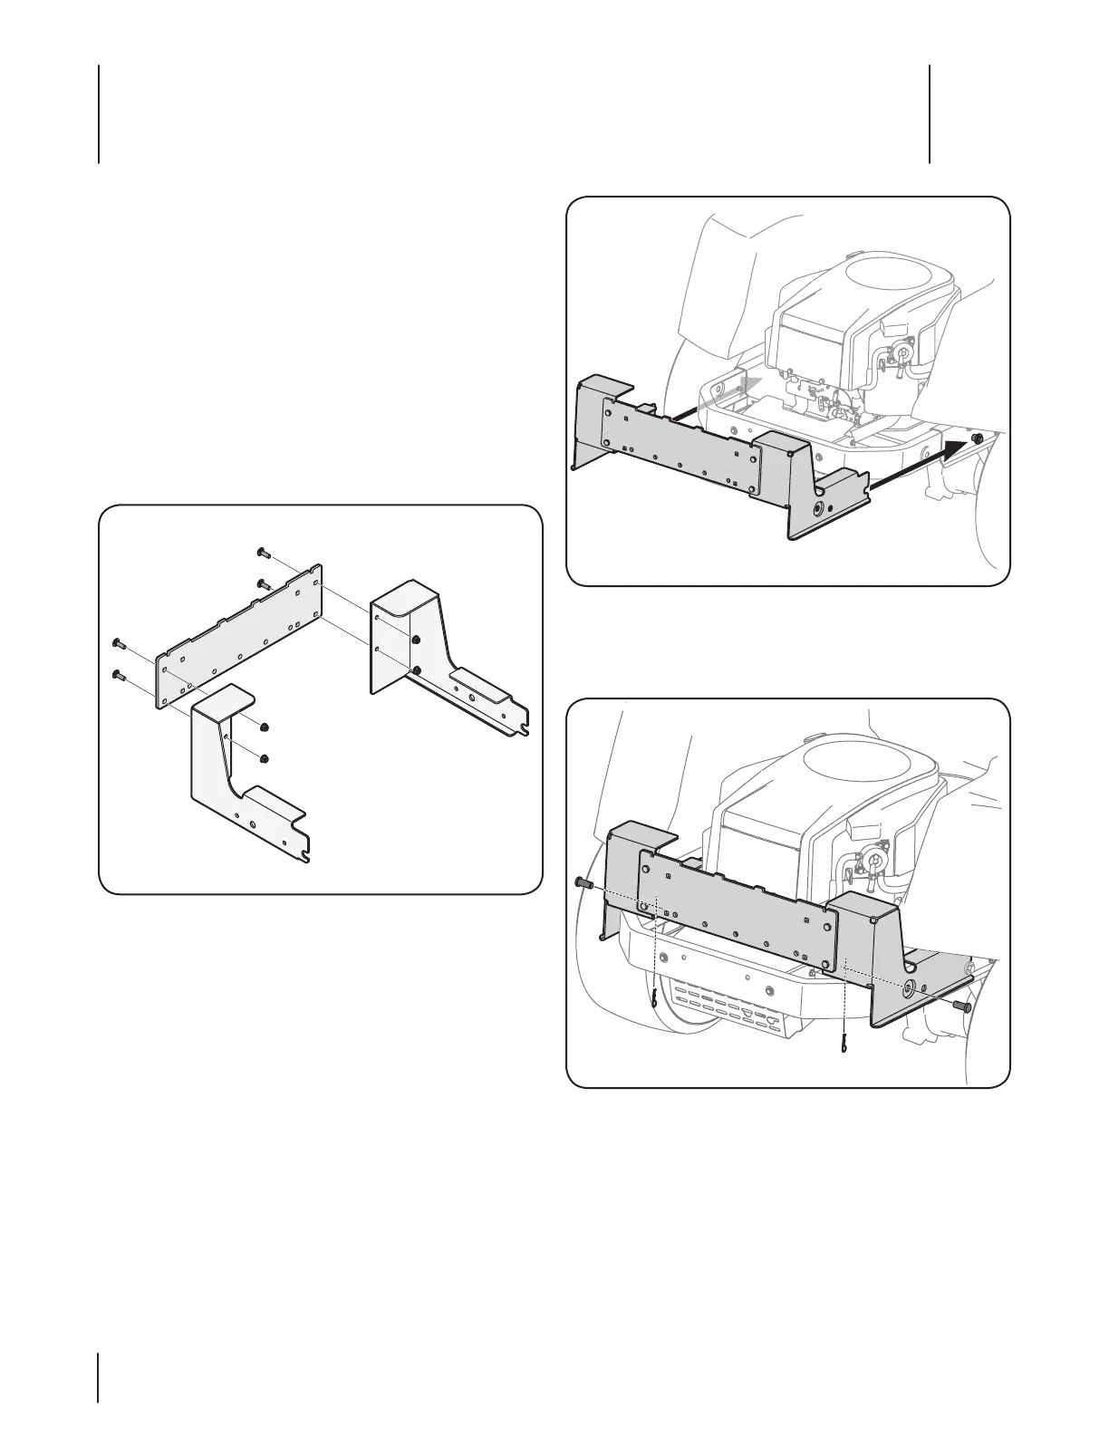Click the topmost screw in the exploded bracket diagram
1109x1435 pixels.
pos(261,551)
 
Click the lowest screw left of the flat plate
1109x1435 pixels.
pos(117,673)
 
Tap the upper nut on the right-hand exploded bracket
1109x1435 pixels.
pos(414,640)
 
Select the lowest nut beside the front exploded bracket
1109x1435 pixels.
pos(265,758)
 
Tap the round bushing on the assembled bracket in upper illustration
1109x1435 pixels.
pos(818,509)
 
